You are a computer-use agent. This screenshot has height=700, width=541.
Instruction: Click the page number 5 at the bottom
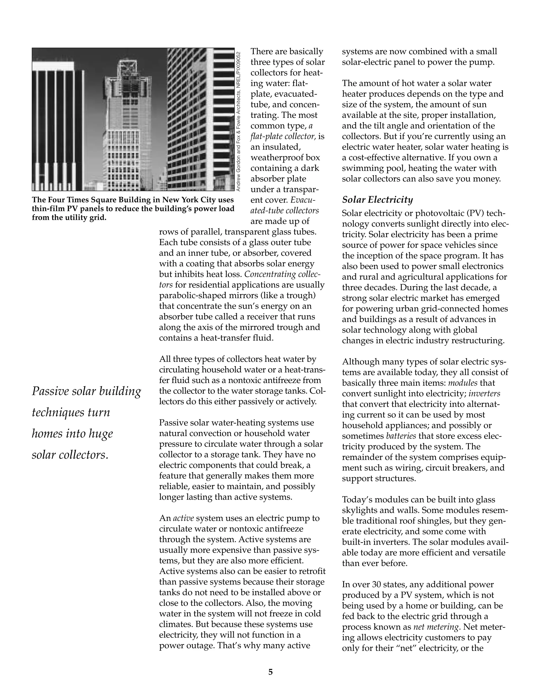point(270,672)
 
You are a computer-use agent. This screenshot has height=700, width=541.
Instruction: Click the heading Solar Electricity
point(377,200)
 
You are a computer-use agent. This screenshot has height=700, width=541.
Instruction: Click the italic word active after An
point(183,518)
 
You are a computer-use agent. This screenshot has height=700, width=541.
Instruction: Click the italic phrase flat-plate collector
point(283,137)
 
